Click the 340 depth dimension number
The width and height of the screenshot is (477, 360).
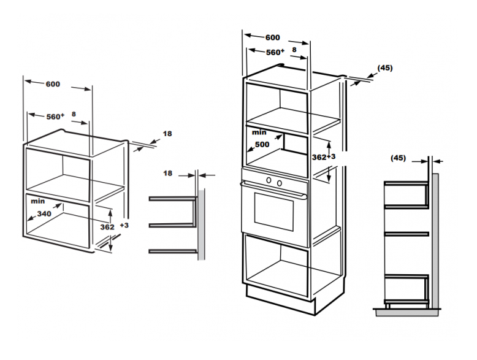click(x=43, y=214)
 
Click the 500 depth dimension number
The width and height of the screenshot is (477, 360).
click(x=262, y=145)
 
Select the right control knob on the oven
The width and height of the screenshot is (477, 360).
click(x=279, y=182)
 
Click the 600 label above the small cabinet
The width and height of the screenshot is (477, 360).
click(x=53, y=84)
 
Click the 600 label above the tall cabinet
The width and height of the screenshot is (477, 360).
click(x=273, y=37)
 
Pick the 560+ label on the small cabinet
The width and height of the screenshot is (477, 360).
click(x=55, y=117)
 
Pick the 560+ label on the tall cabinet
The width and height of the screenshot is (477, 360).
click(x=274, y=53)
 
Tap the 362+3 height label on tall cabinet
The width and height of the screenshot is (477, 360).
click(x=324, y=158)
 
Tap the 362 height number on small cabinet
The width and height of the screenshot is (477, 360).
click(x=107, y=227)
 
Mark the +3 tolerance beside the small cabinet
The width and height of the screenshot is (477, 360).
click(x=124, y=226)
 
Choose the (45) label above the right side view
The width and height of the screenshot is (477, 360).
click(x=398, y=158)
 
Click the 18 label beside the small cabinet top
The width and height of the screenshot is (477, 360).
click(x=167, y=134)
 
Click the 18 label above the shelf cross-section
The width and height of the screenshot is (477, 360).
click(x=167, y=174)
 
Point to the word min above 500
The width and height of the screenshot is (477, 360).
click(x=259, y=132)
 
